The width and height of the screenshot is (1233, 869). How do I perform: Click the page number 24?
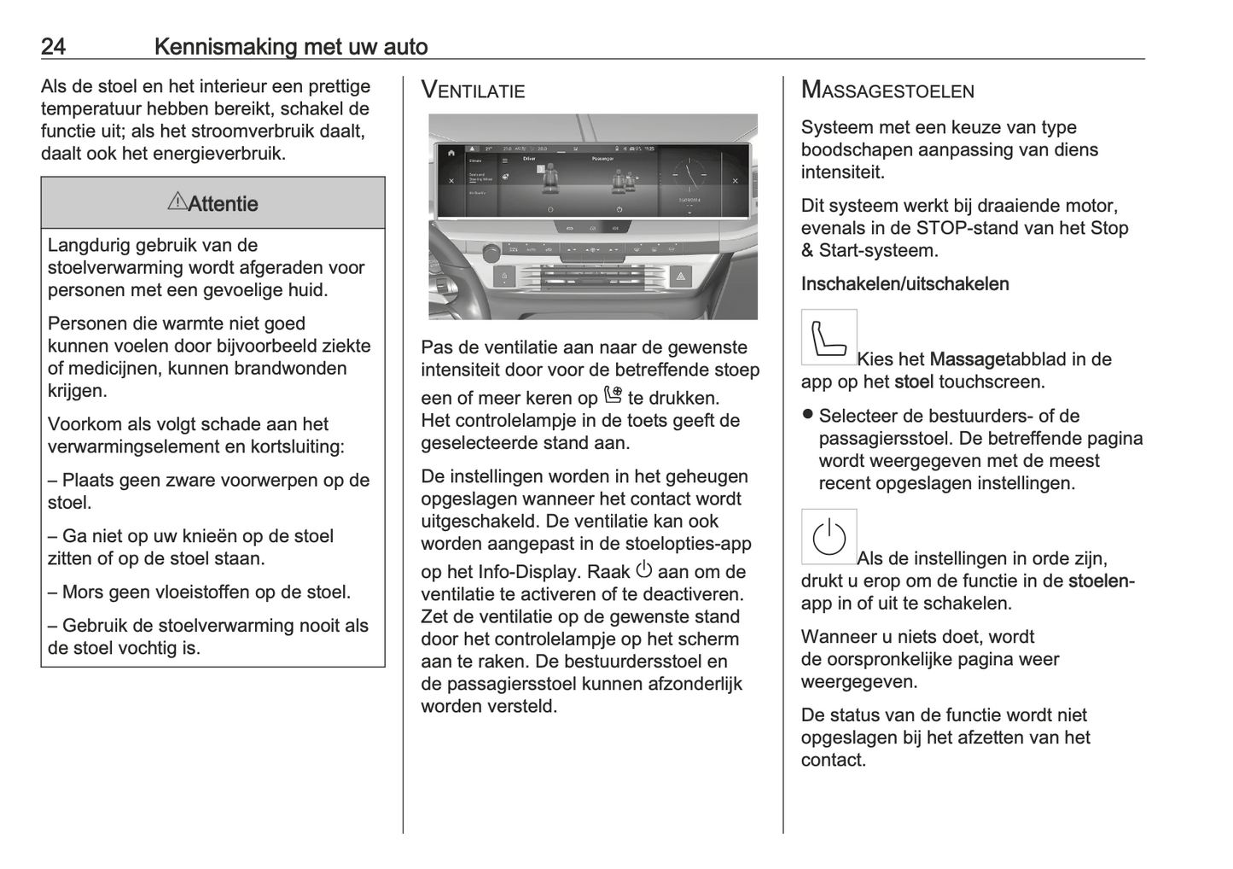pos(53,46)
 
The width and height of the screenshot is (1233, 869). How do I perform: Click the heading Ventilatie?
pos(473,90)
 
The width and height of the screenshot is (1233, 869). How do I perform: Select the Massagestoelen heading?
pos(887,90)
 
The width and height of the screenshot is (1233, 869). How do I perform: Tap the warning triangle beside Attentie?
pos(177,201)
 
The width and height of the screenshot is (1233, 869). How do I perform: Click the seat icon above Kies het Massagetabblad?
pos(829,337)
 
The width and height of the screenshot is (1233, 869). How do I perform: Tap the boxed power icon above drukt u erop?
pos(829,537)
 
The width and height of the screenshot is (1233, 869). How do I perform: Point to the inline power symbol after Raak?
pos(644,569)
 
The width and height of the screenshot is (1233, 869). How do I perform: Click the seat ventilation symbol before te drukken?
pos(613,395)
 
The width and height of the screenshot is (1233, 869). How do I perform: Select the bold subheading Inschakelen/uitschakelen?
pos(904,284)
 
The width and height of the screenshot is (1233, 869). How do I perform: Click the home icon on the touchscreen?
pos(451,152)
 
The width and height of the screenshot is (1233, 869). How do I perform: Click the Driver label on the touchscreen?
pos(530,160)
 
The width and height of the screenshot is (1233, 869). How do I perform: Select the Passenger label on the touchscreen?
pos(602,160)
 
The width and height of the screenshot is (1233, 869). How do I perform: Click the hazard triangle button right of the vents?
pos(681,277)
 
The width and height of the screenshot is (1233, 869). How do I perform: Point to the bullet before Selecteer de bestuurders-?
pos(806,415)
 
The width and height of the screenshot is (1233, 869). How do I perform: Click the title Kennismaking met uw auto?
pos(291,46)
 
